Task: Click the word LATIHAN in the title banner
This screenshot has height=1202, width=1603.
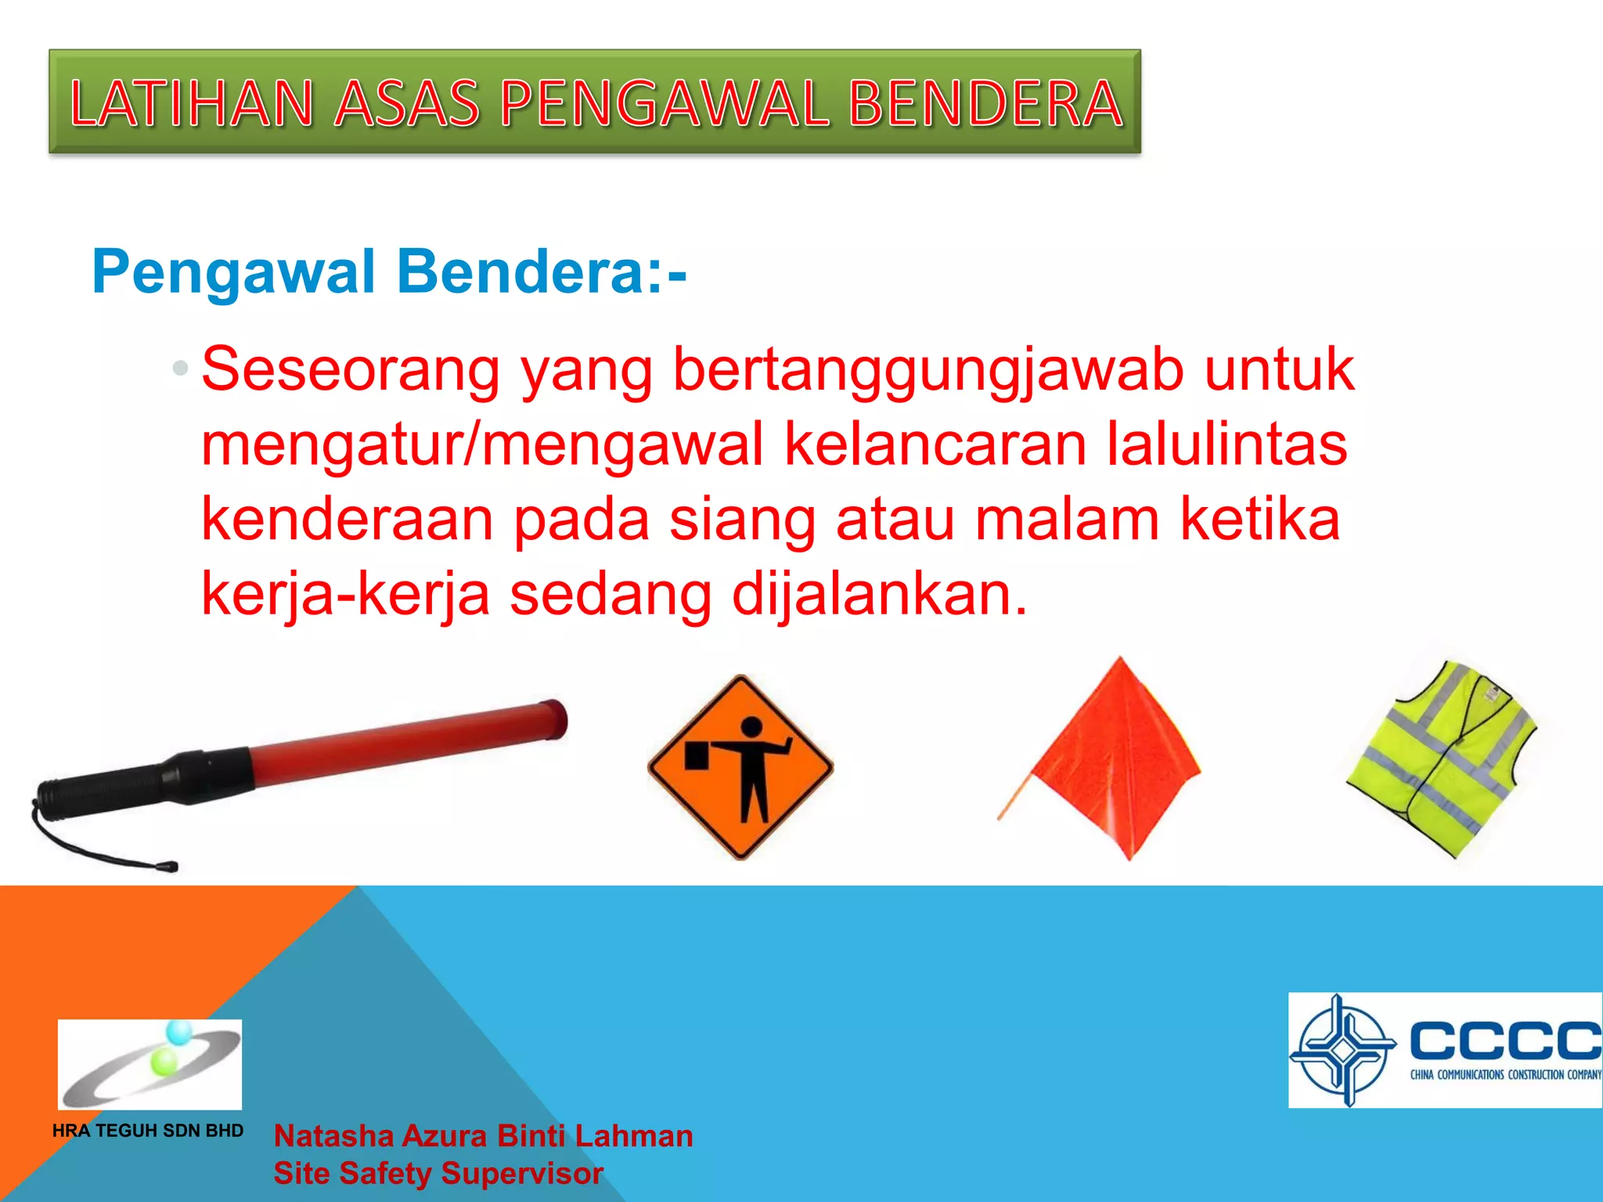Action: pos(192,104)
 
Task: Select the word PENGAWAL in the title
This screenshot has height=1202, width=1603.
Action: pos(664,104)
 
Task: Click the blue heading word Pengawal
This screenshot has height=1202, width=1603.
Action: pos(234,272)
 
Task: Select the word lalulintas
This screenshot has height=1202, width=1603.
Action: pos(1227,444)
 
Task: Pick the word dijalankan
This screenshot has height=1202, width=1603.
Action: pos(878,594)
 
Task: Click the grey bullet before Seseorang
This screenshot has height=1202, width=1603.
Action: pos(181,368)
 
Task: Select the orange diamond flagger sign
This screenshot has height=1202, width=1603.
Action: pos(740,767)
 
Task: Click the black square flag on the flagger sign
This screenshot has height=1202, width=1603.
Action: pos(696,756)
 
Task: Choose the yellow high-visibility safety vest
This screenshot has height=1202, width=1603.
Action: pos(1440,759)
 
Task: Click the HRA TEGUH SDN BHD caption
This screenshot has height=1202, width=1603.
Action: pos(148,1131)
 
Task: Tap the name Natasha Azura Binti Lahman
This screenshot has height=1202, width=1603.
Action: pos(483,1136)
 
